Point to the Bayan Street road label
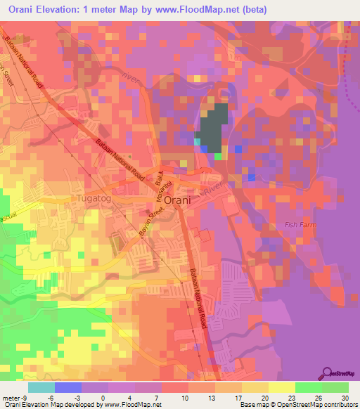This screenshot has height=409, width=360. pyautogui.click(x=150, y=223)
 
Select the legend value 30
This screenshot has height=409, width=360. pyautogui.click(x=345, y=397)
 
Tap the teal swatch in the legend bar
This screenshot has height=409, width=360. pyautogui.click(x=41, y=387)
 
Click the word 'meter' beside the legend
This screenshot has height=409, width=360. pyautogui.click(x=11, y=397)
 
